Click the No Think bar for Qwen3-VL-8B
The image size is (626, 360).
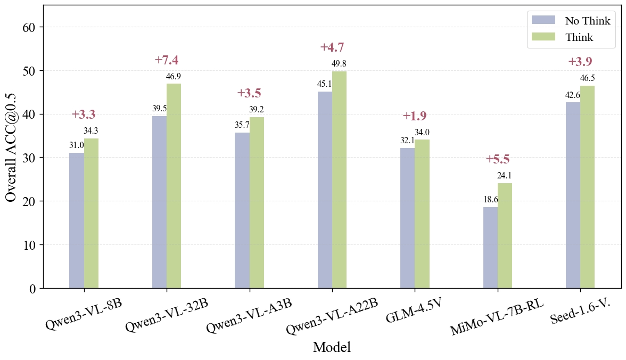[77, 220]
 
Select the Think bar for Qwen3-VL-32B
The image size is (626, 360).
[174, 186]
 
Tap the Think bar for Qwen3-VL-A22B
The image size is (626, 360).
[340, 179]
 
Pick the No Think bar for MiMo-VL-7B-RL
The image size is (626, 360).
[490, 248]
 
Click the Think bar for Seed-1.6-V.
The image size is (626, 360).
[588, 187]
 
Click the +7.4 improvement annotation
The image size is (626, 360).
[167, 60]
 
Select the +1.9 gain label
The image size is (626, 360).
[415, 116]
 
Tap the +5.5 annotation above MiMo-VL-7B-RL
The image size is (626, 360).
[498, 159]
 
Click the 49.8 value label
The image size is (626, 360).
[339, 64]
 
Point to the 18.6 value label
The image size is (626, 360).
[491, 200]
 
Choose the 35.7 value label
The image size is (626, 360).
[242, 125]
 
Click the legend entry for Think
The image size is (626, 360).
[579, 37]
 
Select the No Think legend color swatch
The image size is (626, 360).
[543, 20]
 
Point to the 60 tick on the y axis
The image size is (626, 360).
[29, 27]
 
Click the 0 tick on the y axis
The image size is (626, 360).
[33, 289]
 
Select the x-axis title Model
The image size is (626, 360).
[332, 348]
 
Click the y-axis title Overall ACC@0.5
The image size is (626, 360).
[11, 147]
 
